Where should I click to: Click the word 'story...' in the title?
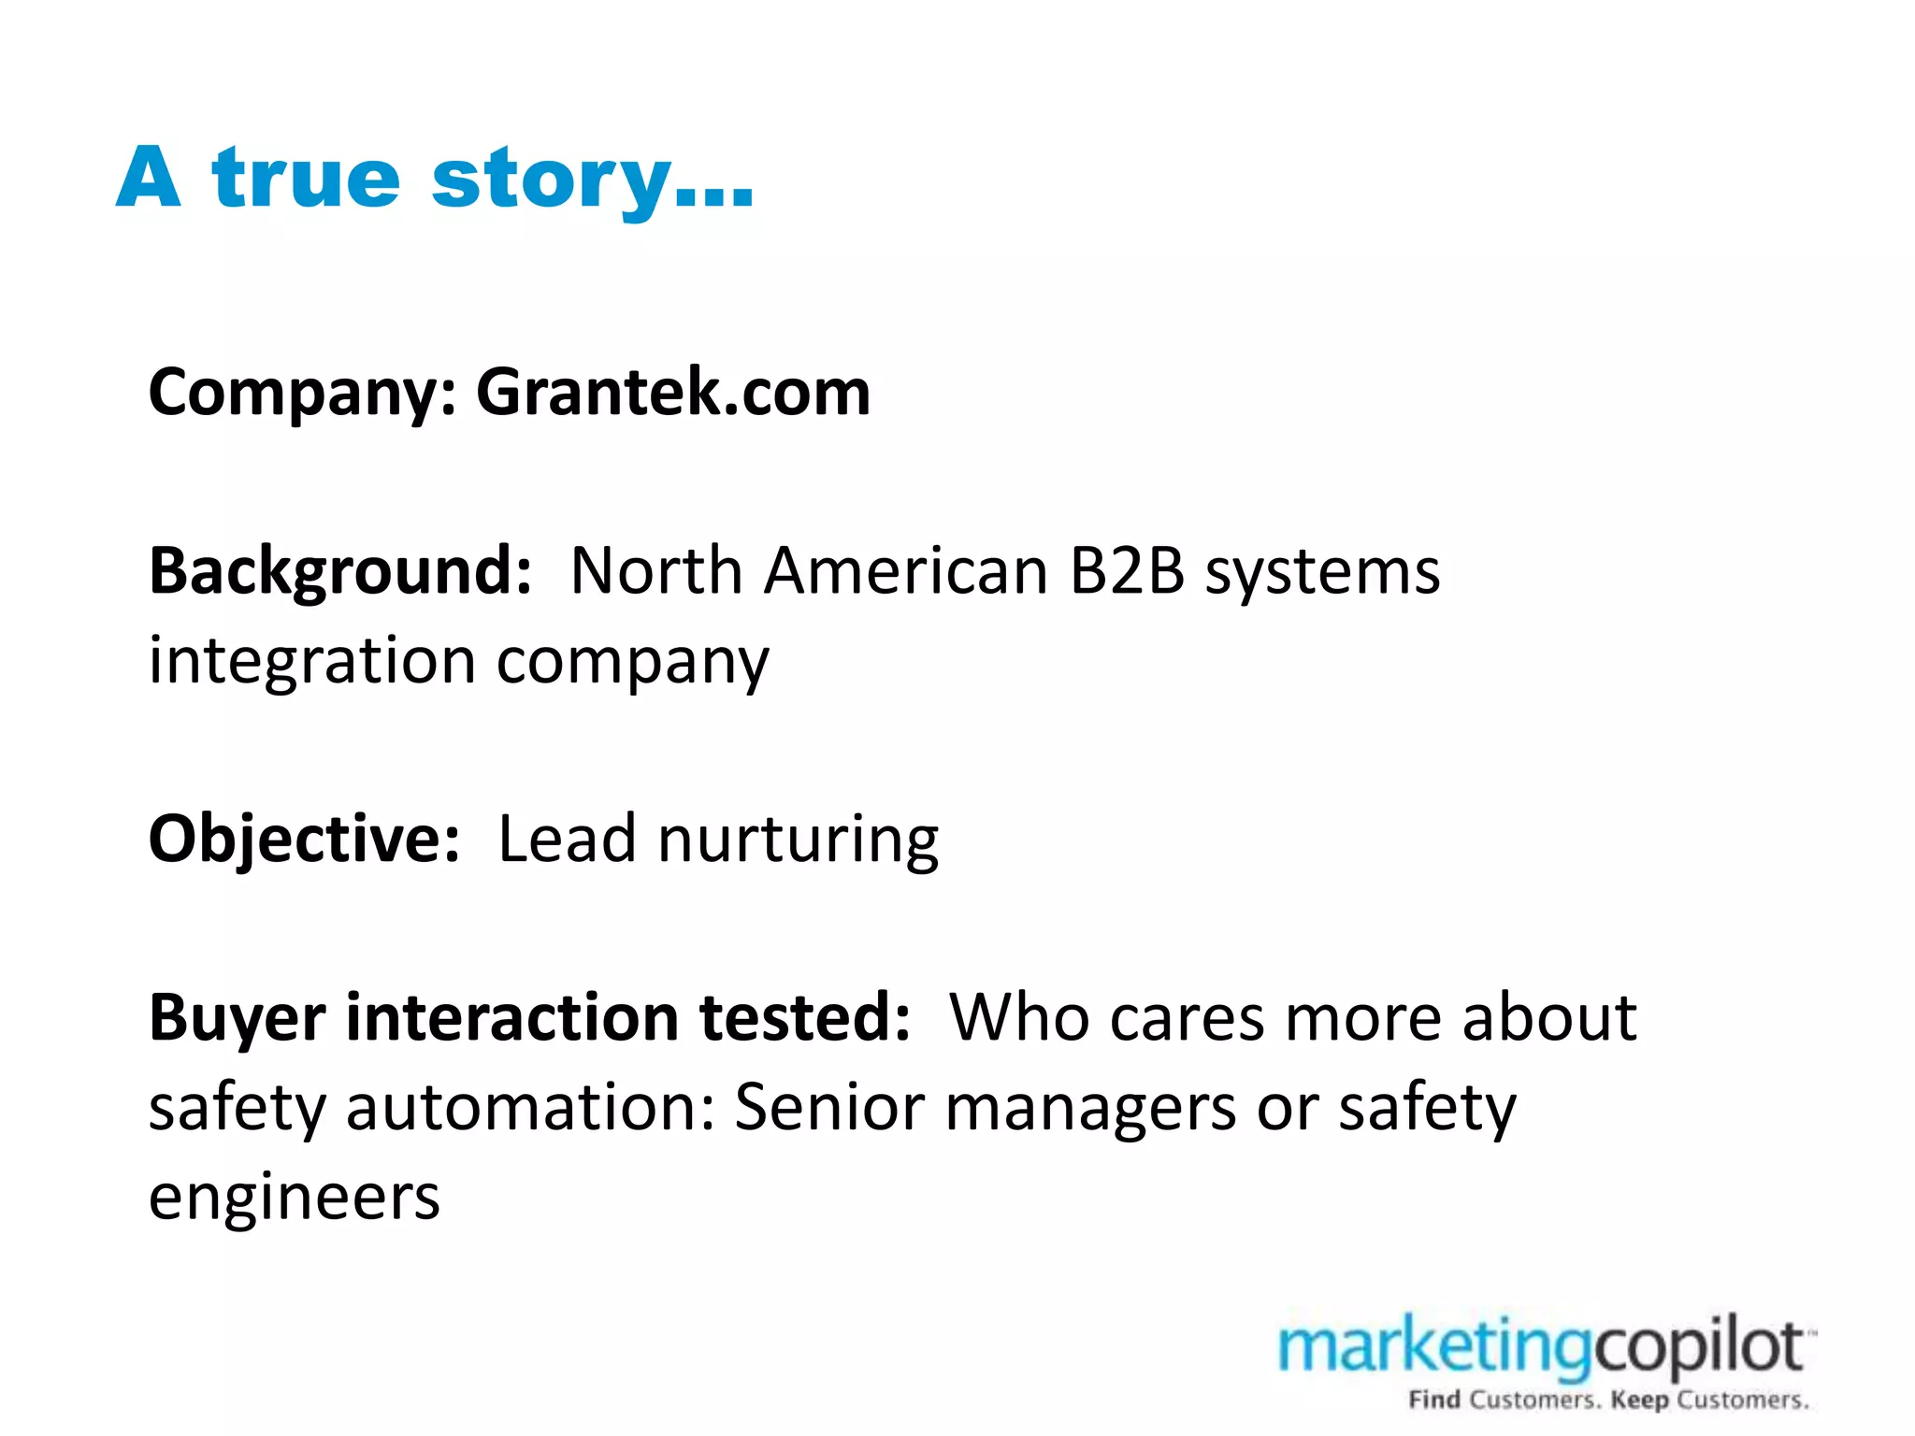[592, 179]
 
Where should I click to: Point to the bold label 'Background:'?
[340, 570]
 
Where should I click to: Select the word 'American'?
[905, 570]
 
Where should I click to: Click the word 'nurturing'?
[798, 839]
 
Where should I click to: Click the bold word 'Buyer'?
[237, 1018]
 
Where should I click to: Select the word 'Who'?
[1017, 1017]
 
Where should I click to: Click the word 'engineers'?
[294, 1198]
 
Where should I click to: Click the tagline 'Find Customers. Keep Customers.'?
[1608, 1400]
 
